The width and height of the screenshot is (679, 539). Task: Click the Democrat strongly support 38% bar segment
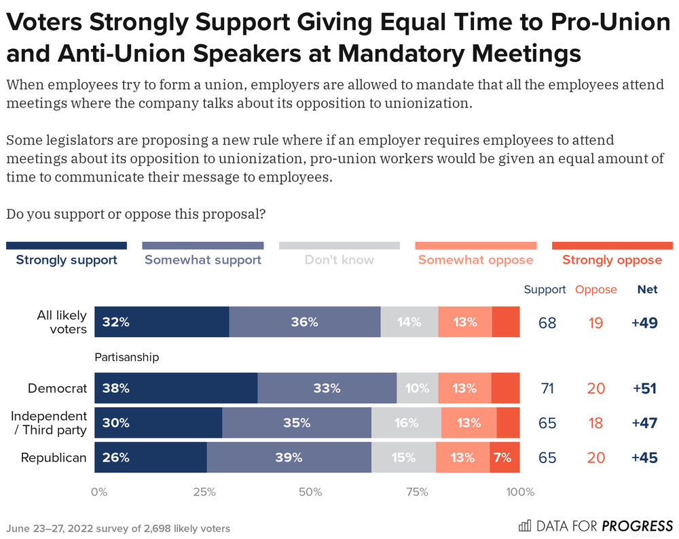click(176, 389)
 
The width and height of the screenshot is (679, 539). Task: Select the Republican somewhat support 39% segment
click(289, 457)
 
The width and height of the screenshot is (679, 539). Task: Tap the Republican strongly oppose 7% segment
click(504, 457)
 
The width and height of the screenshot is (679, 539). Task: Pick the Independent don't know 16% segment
click(406, 423)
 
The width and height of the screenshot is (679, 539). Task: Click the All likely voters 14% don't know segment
click(409, 322)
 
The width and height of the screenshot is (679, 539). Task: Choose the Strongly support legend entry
click(67, 260)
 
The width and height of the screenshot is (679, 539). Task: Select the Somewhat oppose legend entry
click(475, 260)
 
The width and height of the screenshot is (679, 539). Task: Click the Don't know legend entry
click(339, 260)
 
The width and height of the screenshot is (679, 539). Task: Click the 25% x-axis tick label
click(204, 492)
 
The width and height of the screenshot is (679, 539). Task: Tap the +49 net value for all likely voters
click(644, 323)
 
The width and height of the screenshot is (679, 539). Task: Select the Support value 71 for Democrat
click(547, 389)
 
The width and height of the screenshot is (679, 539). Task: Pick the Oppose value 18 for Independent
click(595, 423)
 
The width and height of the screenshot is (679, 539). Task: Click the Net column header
click(647, 290)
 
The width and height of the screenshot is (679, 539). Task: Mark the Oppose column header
click(595, 290)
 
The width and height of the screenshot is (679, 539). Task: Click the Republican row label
click(54, 457)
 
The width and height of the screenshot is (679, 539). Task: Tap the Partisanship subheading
click(126, 357)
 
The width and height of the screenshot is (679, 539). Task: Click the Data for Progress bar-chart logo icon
click(525, 525)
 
